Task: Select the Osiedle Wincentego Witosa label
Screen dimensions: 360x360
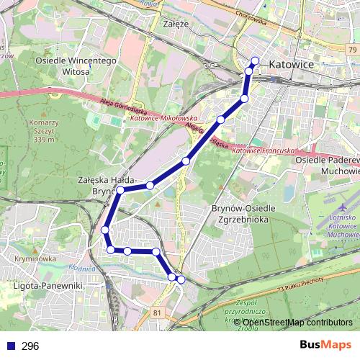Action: pos(76,67)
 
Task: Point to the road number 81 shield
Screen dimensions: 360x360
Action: pos(158,312)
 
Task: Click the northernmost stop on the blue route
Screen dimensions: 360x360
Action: pos(255,60)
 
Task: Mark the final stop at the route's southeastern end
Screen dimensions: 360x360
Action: pos(181,279)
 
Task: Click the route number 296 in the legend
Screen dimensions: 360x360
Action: pos(30,346)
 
